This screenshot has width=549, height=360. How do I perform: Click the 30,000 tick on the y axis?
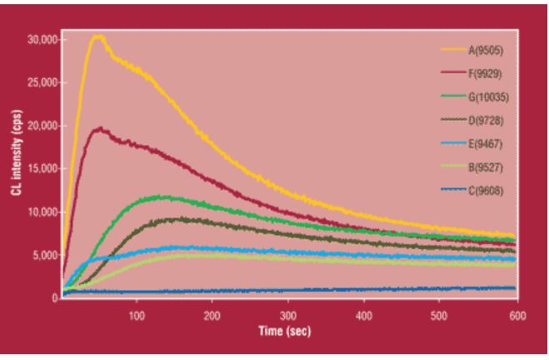tap(40, 40)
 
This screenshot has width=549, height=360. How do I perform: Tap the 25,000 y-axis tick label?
tap(40, 83)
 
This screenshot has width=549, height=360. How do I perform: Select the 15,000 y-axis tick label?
tap(40, 169)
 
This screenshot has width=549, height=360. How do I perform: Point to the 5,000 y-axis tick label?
tap(42, 255)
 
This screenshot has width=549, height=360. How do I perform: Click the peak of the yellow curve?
tap(98, 36)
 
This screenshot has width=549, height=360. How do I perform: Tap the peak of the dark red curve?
tap(100, 128)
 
